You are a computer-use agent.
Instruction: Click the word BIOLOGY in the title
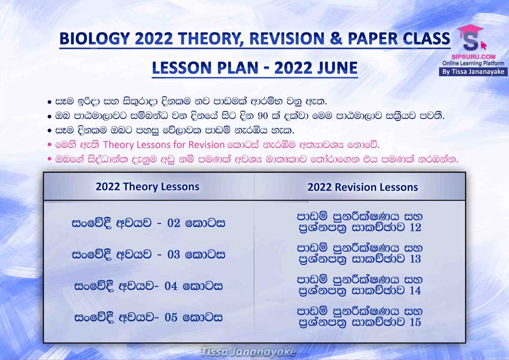pos(95,39)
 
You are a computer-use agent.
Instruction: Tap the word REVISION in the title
pos(287,38)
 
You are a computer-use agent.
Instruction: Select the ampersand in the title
pos(336,38)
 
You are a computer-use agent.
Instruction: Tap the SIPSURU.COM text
pos(473,57)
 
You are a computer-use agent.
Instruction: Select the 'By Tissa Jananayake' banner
pos(473,72)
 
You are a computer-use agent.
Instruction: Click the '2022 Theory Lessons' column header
pos(148,187)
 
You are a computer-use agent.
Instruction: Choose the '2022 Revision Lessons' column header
pos(362,187)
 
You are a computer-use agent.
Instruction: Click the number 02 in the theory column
pos(174,223)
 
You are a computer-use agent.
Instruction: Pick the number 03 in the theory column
pos(174,255)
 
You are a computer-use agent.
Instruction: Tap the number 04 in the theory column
pos(171,286)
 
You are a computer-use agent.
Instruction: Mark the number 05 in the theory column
pos(171,317)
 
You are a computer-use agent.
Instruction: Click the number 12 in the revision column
pos(415,227)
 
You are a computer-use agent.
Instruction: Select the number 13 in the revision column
pos(415,259)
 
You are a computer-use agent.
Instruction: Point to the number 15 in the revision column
pos(415,322)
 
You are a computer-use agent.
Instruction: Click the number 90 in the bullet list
pos(263,116)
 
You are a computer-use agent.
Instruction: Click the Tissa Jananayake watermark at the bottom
pos(248,352)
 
